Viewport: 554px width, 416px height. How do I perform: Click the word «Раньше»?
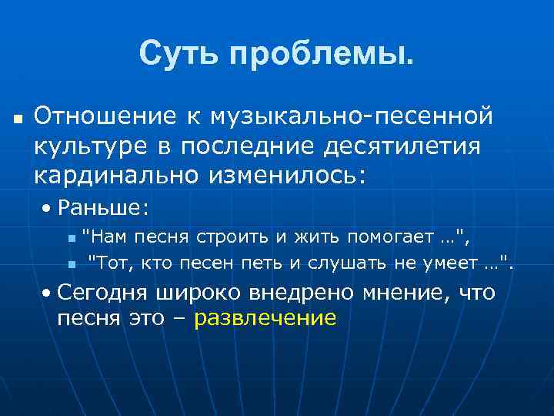click(x=103, y=208)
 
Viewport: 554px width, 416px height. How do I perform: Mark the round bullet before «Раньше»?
click(x=48, y=209)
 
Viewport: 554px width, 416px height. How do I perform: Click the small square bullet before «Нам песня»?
click(x=72, y=237)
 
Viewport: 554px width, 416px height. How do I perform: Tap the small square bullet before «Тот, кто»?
click(x=72, y=264)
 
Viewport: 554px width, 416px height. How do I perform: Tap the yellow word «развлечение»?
click(x=265, y=318)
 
